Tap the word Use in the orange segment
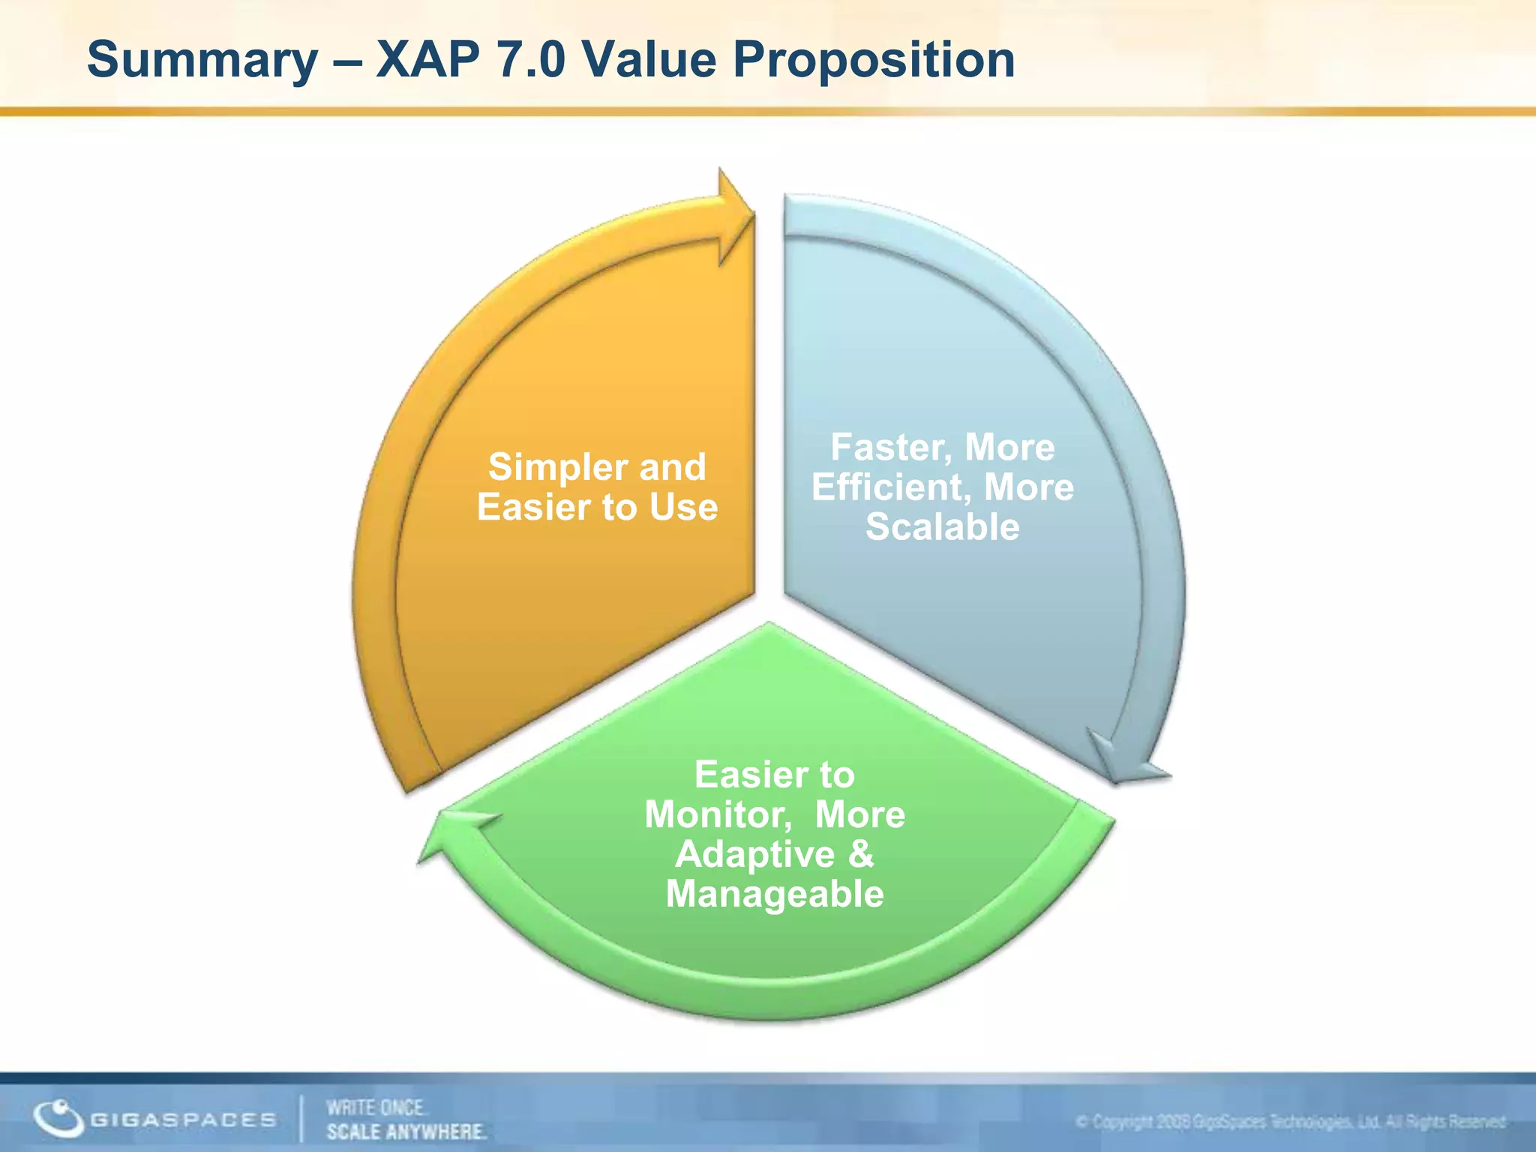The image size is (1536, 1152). point(683,507)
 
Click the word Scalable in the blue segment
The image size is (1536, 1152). point(942,526)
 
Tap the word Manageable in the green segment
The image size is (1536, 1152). point(775,894)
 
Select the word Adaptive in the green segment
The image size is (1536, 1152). point(754,855)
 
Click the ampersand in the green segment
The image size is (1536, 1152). point(861,854)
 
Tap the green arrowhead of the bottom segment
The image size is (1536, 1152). point(450,832)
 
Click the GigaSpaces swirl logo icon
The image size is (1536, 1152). point(58,1118)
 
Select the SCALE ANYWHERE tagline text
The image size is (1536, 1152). point(406,1131)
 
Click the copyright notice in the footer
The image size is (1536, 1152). point(1290,1122)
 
